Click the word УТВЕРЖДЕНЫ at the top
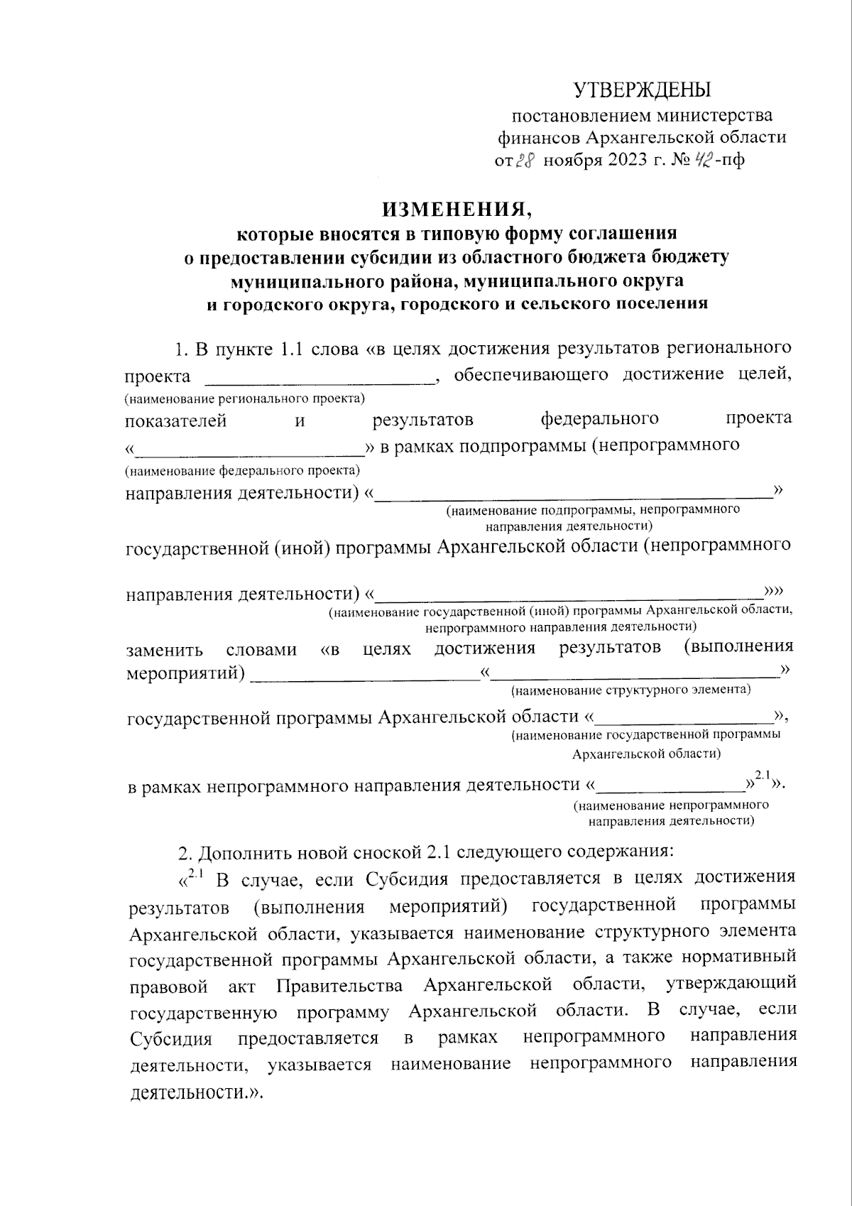coord(642,90)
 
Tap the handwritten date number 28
coord(524,161)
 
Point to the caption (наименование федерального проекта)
coord(242,470)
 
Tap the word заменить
coord(165,650)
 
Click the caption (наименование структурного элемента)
coord(631,690)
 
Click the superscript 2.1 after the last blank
coord(763,775)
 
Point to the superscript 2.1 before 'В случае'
coord(195,874)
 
